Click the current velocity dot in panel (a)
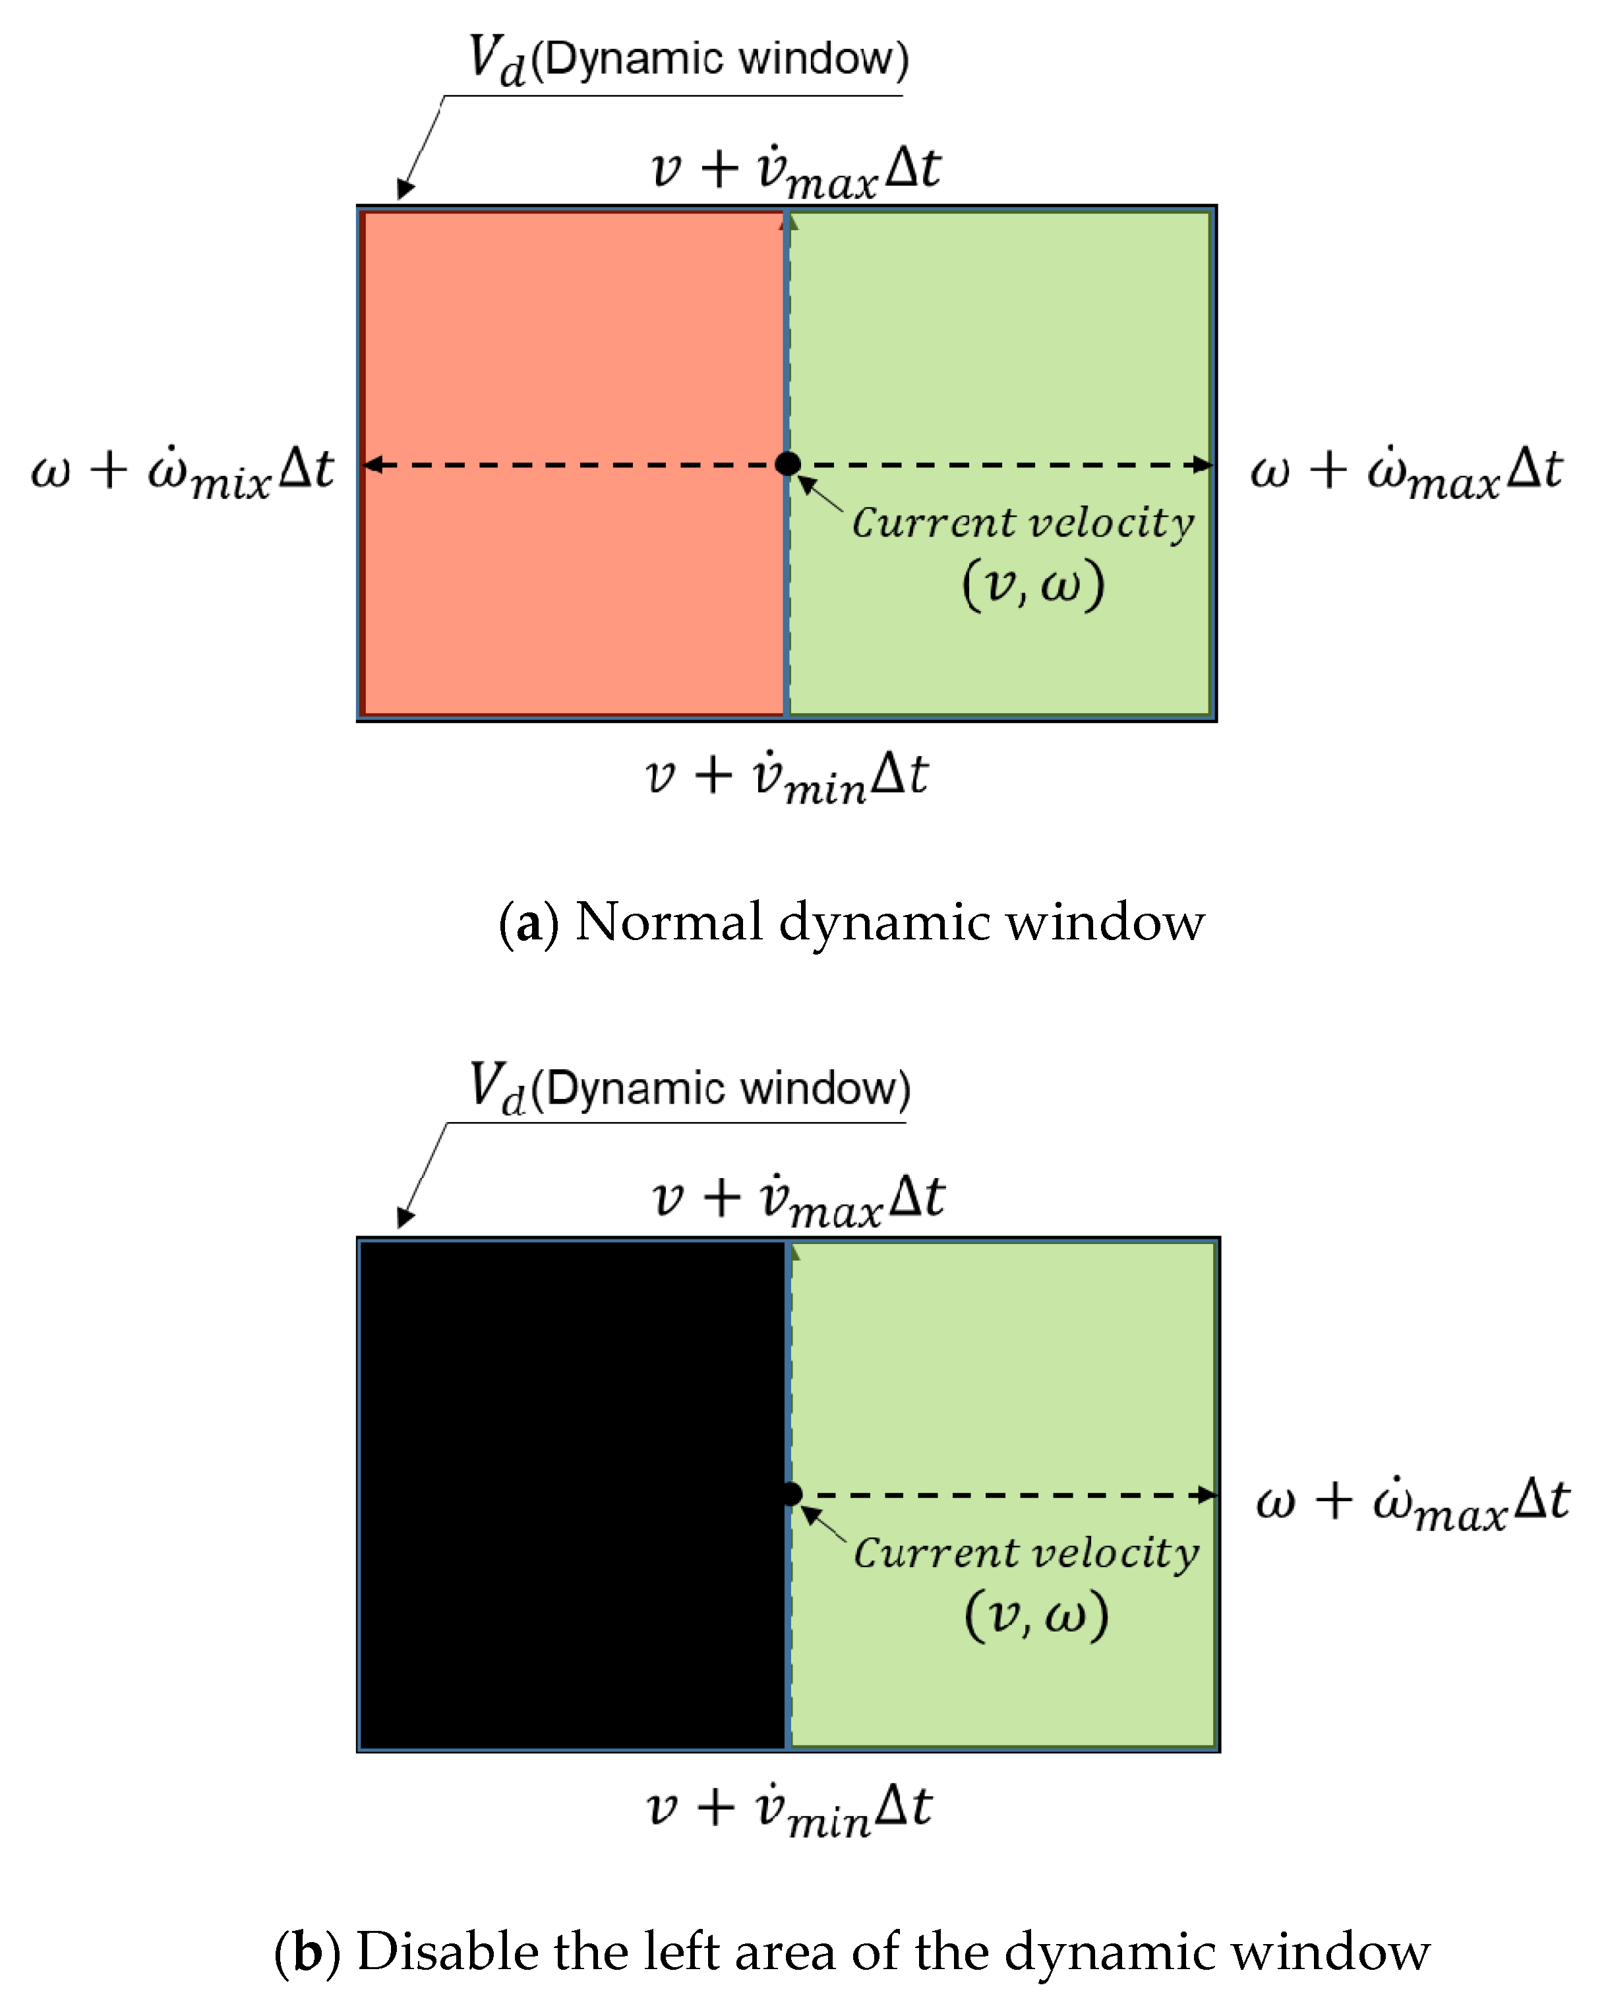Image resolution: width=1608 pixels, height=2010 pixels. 788,463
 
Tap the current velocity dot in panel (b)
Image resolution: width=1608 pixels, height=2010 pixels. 790,1494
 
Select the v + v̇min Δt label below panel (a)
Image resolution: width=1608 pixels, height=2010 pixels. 787,777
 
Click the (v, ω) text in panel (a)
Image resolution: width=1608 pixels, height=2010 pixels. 1033,585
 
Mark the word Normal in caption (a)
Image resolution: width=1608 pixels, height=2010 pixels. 669,923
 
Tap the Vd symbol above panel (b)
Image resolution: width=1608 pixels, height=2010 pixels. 498,1087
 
